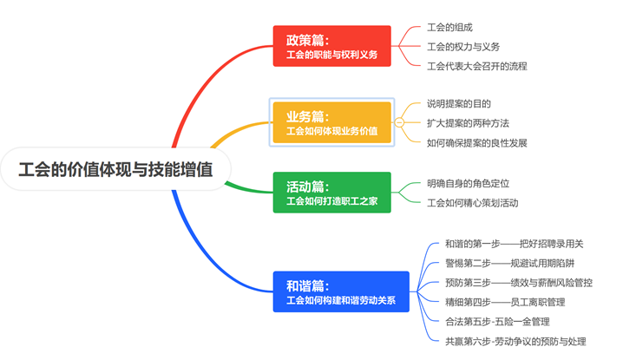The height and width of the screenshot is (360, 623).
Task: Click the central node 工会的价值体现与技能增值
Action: pyautogui.click(x=115, y=169)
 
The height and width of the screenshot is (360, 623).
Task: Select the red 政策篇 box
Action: pyautogui.click(x=331, y=46)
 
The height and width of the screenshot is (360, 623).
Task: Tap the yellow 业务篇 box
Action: pyautogui.click(x=331, y=122)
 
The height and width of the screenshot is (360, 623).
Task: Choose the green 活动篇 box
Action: pyautogui.click(x=331, y=193)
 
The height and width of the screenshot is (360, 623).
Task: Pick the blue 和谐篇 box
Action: pyautogui.click(x=341, y=291)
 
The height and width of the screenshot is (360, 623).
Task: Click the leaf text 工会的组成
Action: pyautogui.click(x=449, y=28)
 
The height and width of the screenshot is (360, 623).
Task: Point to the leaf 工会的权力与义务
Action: pyautogui.click(x=463, y=47)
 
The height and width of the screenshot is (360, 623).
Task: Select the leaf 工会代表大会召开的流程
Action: pyautogui.click(x=476, y=66)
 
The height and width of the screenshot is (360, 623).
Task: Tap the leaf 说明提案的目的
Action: pyautogui.click(x=459, y=104)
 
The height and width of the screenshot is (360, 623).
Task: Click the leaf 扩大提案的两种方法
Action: pyautogui.click(x=468, y=123)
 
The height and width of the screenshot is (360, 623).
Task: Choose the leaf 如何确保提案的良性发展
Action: pyautogui.click(x=476, y=142)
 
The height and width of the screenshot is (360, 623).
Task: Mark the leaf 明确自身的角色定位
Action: pyautogui.click(x=468, y=184)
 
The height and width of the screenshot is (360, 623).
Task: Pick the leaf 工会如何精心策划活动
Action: pyautogui.click(x=472, y=203)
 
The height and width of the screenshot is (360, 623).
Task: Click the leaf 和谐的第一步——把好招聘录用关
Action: pyautogui.click(x=515, y=244)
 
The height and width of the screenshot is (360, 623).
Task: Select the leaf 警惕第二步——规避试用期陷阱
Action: pyautogui.click(x=509, y=263)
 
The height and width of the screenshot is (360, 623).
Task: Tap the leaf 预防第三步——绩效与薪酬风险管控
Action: pyautogui.click(x=519, y=283)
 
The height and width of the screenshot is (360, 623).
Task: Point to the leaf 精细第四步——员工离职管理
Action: pyautogui.click(x=505, y=302)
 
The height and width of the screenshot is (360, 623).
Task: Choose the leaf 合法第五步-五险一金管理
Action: pyautogui.click(x=497, y=322)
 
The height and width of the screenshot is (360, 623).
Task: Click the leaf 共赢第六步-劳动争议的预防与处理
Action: pyautogui.click(x=515, y=341)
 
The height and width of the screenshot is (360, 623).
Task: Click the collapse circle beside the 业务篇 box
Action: pyautogui.click(x=399, y=122)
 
